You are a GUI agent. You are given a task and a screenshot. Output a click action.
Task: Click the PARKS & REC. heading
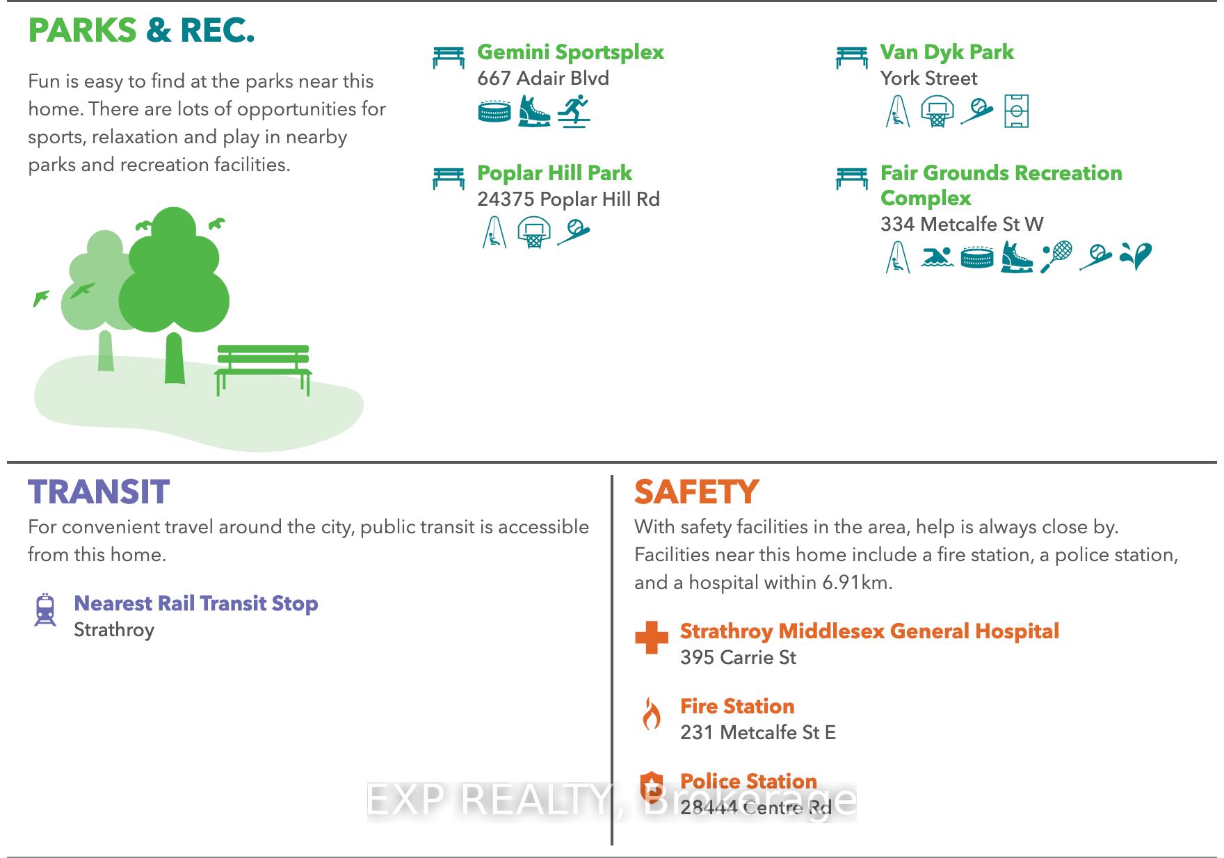[141, 31]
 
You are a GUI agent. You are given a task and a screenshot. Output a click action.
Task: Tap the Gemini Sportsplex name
[570, 52]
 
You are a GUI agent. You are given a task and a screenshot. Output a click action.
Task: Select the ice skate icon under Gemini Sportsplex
[533, 111]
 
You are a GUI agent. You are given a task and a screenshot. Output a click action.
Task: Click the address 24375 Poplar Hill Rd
[568, 200]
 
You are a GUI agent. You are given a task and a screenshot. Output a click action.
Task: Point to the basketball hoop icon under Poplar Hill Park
[533, 232]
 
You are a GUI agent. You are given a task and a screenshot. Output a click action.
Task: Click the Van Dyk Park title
[947, 52]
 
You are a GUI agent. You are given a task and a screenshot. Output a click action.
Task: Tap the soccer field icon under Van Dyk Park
[1016, 111]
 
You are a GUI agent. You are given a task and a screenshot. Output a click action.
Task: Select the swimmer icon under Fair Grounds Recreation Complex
[937, 257]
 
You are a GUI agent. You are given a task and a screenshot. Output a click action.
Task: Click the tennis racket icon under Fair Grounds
[1056, 257]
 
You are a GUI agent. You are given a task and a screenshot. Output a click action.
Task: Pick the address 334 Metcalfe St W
[962, 224]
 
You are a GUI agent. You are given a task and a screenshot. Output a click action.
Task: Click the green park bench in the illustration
[263, 369]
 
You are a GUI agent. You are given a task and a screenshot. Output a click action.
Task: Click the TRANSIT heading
[99, 492]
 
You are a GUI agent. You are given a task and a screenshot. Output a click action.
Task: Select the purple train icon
[45, 610]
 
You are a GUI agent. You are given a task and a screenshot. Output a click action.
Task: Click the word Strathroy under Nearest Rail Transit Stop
[114, 630]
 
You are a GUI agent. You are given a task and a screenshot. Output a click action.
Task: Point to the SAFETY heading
[696, 492]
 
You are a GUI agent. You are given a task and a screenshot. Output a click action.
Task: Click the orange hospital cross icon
[652, 638]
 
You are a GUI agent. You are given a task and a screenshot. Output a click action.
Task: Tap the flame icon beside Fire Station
[652, 713]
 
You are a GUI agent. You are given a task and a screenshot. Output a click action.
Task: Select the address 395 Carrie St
[738, 657]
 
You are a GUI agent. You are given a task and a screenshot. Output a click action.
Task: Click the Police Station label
[748, 781]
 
